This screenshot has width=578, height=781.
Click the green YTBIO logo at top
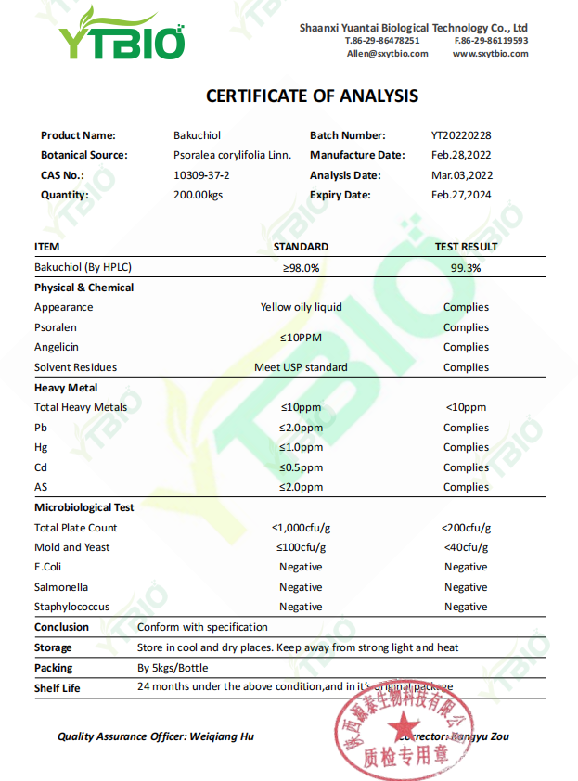pyautogui.click(x=122, y=35)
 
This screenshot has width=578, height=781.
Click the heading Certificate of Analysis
pyautogui.click(x=312, y=96)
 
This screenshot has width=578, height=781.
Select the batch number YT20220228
pyautogui.click(x=462, y=135)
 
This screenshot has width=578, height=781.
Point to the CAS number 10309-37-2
pyautogui.click(x=201, y=175)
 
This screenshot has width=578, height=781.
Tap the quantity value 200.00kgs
pyautogui.click(x=199, y=195)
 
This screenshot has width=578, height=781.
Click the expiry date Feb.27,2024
pyautogui.click(x=462, y=195)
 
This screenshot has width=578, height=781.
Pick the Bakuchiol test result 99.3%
pyautogui.click(x=466, y=267)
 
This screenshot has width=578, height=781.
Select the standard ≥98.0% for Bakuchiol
pyautogui.click(x=301, y=267)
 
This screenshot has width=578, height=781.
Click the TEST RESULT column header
pyautogui.click(x=466, y=247)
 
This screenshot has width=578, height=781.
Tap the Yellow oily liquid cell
pyautogui.click(x=301, y=307)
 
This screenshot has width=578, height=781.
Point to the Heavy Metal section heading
pyautogui.click(x=66, y=388)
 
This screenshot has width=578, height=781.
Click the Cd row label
pyautogui.click(x=41, y=467)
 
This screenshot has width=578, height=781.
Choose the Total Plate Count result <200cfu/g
pyautogui.click(x=466, y=528)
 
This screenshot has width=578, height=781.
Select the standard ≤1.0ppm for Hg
pyautogui.click(x=301, y=447)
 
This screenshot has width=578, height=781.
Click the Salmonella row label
pyautogui.click(x=61, y=587)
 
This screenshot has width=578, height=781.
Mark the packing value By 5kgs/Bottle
pyautogui.click(x=173, y=668)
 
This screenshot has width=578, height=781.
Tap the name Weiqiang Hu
pyautogui.click(x=222, y=736)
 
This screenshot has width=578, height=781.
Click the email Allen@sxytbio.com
pyautogui.click(x=387, y=54)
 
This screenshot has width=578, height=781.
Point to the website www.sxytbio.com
pyautogui.click(x=490, y=54)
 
